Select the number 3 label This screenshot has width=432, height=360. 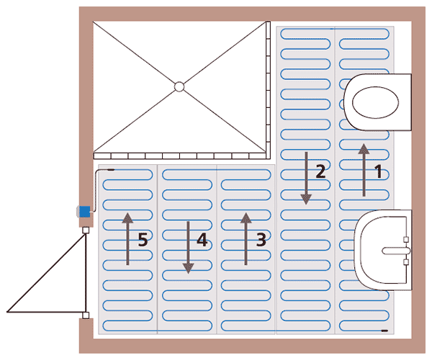[261, 239]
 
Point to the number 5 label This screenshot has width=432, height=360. [143, 239]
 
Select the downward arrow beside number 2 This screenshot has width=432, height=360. [306, 179]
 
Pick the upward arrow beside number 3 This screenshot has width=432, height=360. [246, 239]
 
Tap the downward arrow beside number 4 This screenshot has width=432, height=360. [188, 247]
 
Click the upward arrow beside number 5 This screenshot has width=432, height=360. [127, 239]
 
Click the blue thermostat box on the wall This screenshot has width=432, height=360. [84, 212]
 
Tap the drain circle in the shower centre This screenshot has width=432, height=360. [179, 87]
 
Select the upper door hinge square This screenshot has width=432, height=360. [86, 230]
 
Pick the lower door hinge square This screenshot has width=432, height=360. [86, 315]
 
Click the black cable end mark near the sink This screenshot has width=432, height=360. [384, 330]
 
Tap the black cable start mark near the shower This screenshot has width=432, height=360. [112, 170]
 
